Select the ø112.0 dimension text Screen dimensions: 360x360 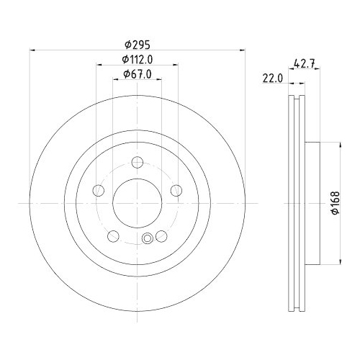tap(136, 60)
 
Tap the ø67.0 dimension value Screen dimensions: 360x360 tap(136, 74)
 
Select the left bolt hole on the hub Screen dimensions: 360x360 tap(99, 190)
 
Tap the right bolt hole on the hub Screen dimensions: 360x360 tap(175, 190)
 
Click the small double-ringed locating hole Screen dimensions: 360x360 tap(147, 240)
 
